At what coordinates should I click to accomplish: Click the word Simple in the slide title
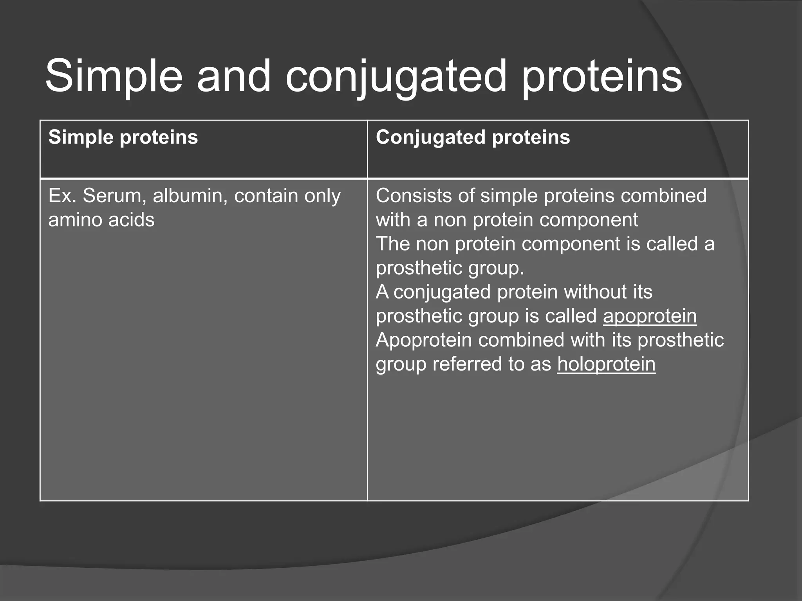[x=114, y=76]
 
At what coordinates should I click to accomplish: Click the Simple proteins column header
[x=123, y=137]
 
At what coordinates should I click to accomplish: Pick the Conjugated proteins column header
[x=473, y=137]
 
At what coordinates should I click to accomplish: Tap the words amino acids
[x=101, y=220]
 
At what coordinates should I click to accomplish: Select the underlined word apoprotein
[x=650, y=316]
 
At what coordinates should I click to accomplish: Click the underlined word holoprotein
[x=606, y=364]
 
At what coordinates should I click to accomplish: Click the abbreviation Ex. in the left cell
[x=62, y=196]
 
